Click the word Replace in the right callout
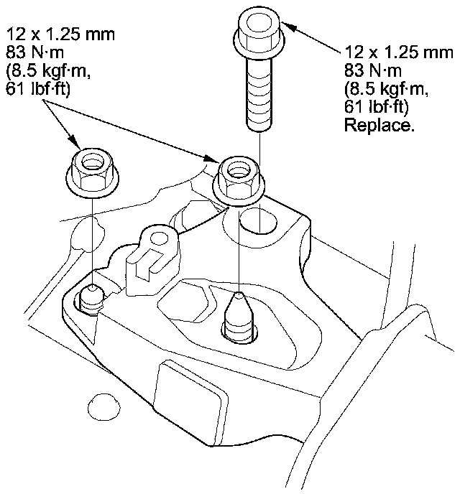pos(379,125)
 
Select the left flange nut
pos(93,173)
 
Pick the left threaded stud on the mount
pos(91,299)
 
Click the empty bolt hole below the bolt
pos(258,222)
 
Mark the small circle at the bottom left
pos(103,406)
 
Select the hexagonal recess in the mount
pos(184,302)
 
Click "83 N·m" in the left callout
pos(34,52)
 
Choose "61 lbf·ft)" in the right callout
pos(376,107)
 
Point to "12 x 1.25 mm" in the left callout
pos(60,34)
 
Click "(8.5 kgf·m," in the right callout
pos(386,89)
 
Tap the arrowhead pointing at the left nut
pos(75,141)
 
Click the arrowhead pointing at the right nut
pos(211,158)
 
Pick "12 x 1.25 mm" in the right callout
pos(399,52)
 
